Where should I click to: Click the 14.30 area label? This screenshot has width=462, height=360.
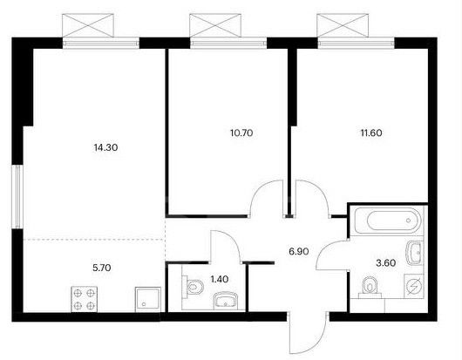click(x=105, y=147)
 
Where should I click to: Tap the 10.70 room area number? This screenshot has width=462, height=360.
click(x=241, y=132)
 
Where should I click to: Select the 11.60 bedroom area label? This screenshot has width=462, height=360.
click(x=371, y=132)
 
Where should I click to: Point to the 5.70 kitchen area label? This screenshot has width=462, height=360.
click(x=102, y=268)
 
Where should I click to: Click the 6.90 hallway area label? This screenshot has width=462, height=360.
click(x=299, y=251)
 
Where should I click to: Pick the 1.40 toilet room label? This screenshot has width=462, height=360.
click(x=220, y=279)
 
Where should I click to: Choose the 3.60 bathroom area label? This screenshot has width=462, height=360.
click(x=386, y=262)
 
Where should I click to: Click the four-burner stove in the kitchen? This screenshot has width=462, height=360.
click(x=85, y=299)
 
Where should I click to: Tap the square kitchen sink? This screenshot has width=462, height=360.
click(x=148, y=299)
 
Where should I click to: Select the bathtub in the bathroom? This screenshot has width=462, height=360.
click(x=388, y=221)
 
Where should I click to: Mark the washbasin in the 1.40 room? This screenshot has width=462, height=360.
click(x=226, y=300)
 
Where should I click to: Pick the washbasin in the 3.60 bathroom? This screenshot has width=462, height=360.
click(x=415, y=253)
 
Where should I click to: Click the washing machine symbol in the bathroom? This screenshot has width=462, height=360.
click(x=414, y=286)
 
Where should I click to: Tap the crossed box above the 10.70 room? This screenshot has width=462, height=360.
click(x=215, y=25)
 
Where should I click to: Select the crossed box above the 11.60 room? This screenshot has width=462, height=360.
click(x=343, y=25)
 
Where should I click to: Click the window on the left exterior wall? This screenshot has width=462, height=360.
click(x=17, y=196)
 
